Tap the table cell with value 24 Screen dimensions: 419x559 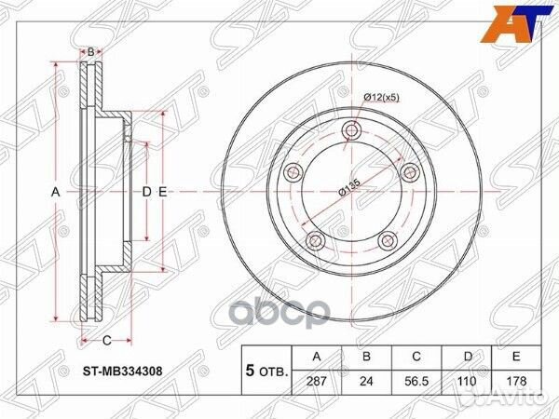point(366,381)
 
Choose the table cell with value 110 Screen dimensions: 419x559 point(470,381)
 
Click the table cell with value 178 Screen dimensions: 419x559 point(519,381)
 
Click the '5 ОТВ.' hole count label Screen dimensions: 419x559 point(266,370)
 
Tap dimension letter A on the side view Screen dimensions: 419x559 point(55,192)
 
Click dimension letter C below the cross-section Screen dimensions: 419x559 point(106,339)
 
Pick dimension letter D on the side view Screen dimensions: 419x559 point(146,192)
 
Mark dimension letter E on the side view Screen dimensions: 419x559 point(162,192)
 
